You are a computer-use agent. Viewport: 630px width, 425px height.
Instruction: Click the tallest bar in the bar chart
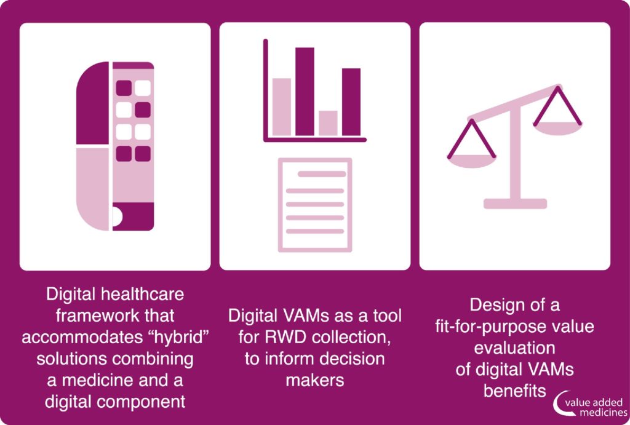pos(305,92)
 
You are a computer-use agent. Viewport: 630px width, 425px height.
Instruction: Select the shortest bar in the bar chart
pos(328,123)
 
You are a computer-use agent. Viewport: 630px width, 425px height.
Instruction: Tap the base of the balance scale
pos(515,204)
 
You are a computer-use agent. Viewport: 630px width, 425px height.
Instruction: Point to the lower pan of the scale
pos(472,161)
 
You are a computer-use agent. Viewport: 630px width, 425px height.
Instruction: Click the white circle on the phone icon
pos(117,216)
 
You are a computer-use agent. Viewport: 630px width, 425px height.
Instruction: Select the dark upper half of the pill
pos(93,103)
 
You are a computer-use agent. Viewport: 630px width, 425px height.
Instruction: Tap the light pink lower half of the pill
pos(93,189)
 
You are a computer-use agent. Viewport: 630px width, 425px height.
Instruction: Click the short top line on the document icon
pos(321,174)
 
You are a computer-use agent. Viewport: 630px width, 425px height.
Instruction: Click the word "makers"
pos(315,381)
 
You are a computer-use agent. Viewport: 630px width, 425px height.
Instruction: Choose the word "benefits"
pos(515,391)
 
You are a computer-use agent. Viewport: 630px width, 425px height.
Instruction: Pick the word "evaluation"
pos(515,348)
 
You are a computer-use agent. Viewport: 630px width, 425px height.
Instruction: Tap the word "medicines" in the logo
pos(604,413)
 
